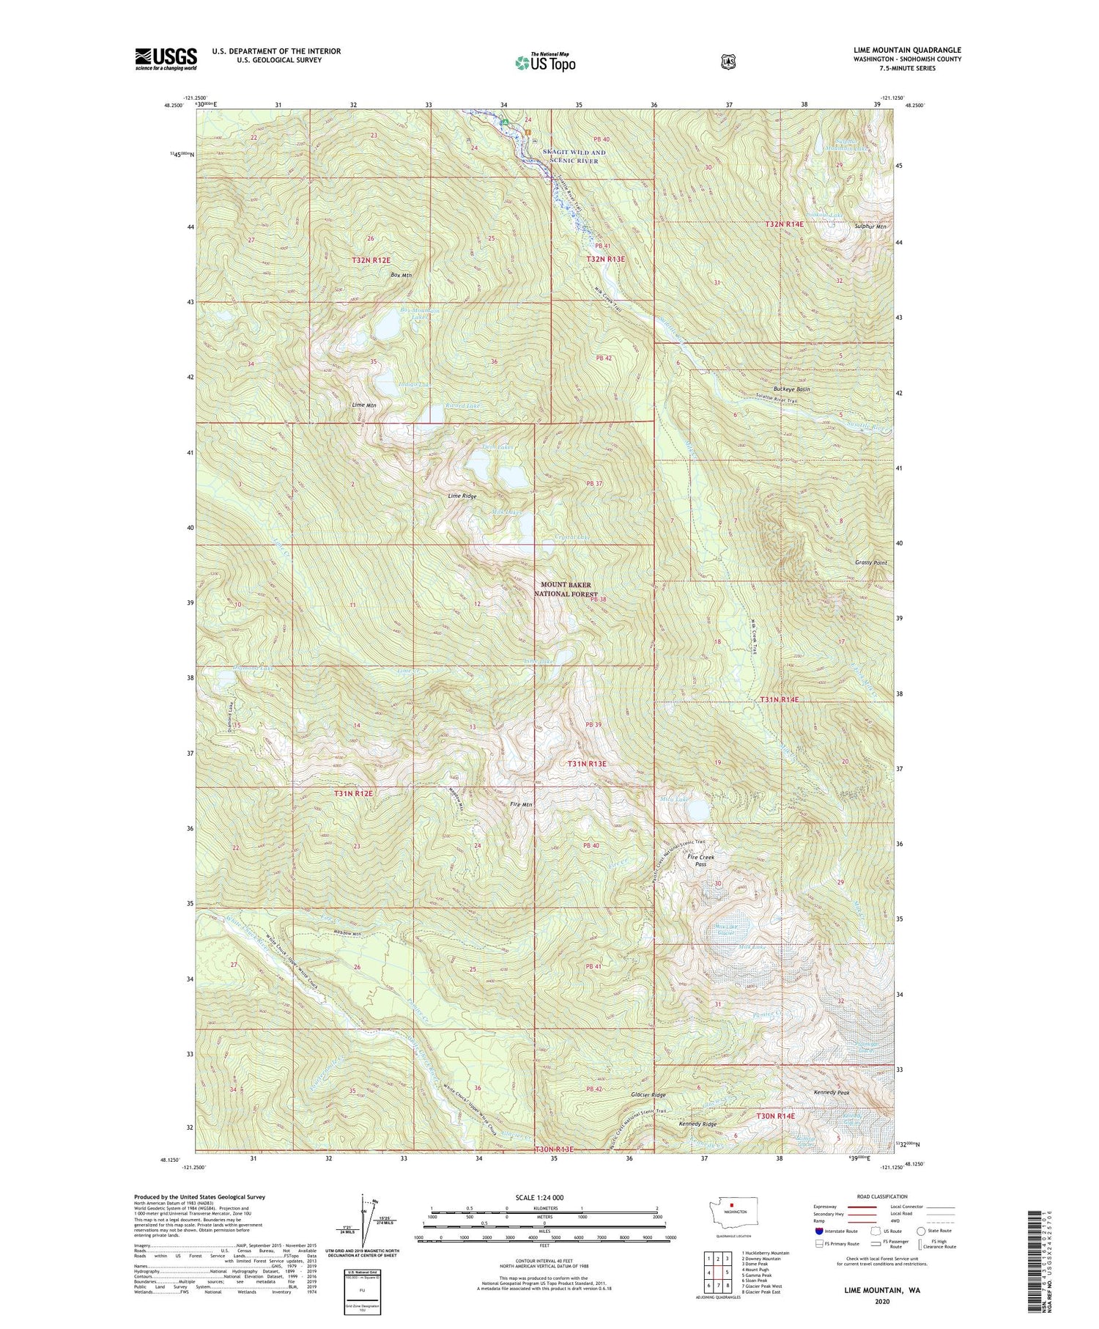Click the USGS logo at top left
[x=166, y=59]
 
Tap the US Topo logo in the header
[x=545, y=62]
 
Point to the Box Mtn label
[x=401, y=275]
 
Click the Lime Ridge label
[x=462, y=496]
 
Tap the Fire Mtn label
[x=521, y=804]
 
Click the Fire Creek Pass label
[x=700, y=860]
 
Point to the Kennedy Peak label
[x=832, y=1092]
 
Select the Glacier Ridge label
[x=648, y=1094]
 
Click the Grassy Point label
[x=870, y=563]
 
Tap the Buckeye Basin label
[x=792, y=389]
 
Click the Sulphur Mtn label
[x=870, y=227]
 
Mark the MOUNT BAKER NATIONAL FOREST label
[x=566, y=589]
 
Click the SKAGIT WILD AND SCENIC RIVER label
[x=574, y=156]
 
